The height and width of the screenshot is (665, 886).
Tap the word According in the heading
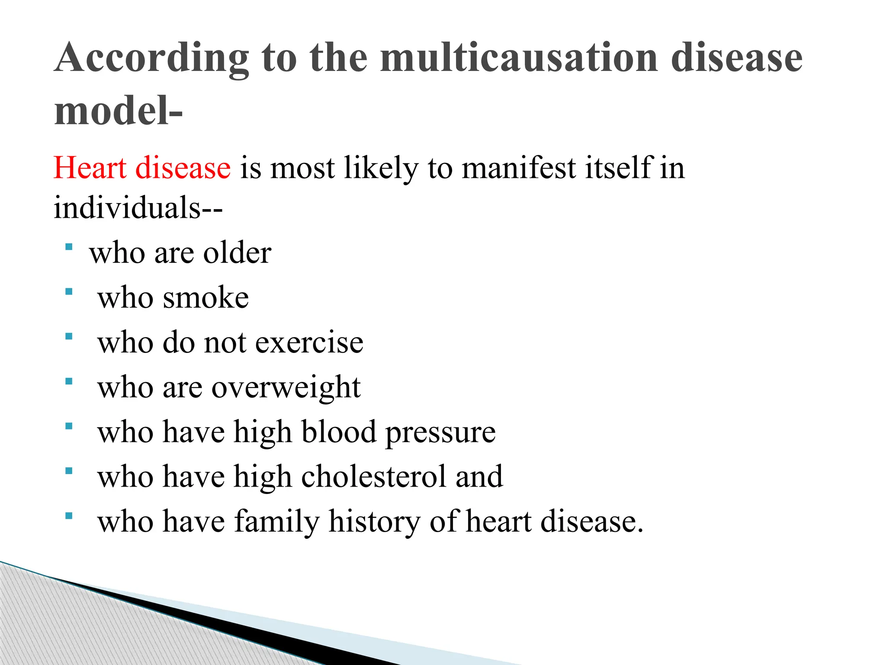pos(151,58)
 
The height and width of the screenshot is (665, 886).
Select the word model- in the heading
pos(118,111)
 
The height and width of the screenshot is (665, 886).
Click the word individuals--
pos(138,207)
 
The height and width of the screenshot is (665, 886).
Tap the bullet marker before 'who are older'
pos(68,247)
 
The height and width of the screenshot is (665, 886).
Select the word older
pos(237,253)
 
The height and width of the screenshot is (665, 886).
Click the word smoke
pos(205,298)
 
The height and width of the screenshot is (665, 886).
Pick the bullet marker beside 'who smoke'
pos(68,292)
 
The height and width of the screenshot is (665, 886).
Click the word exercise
pos(309,342)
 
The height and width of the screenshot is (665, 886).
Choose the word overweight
pos(286,387)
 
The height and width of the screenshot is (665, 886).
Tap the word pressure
pos(440,433)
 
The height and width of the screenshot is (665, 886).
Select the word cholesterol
pos(373,476)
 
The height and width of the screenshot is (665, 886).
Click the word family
pos(276,522)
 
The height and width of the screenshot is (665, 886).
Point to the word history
pos(374,522)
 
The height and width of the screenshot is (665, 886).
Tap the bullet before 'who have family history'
pos(68,516)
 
